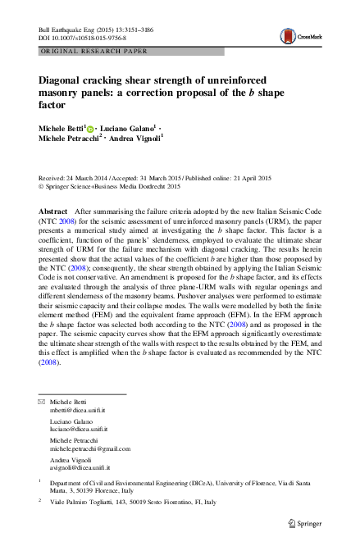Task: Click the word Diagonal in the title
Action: tap(64, 81)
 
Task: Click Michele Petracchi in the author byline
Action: tap(69, 141)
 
